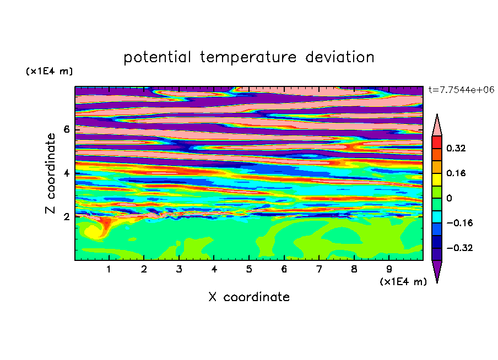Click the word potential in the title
tap(157, 58)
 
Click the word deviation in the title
tap(340, 57)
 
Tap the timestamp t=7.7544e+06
tap(461, 90)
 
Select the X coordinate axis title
tap(249, 297)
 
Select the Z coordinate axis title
tap(50, 173)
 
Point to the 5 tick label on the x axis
tap(249, 269)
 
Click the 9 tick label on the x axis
tap(389, 269)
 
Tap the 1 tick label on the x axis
tap(109, 269)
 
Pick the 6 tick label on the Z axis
tap(66, 129)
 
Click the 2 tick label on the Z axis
tap(66, 217)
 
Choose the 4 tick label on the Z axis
tap(66, 173)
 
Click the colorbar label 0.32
tap(456, 148)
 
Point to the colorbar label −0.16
tap(459, 223)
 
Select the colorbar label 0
tap(449, 198)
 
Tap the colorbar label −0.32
tap(459, 248)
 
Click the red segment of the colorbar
tap(437, 142)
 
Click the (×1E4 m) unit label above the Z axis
tap(49, 71)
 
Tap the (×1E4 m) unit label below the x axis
tap(403, 282)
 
